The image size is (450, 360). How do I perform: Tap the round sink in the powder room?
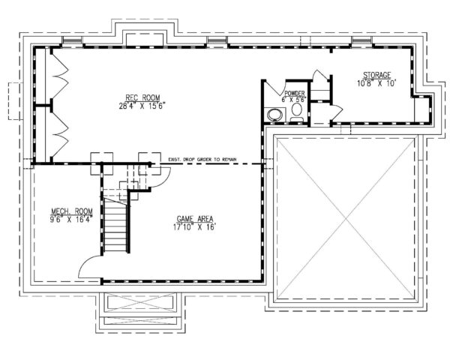click(275, 114)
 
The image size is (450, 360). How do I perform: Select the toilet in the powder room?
click(296, 111)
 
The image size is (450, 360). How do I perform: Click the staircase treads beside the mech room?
click(115, 225)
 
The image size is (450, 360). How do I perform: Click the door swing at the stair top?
click(159, 176)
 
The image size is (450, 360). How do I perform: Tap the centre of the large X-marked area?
click(344, 215)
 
